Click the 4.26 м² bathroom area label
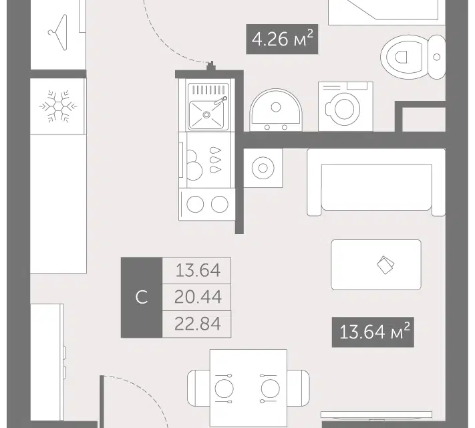click(282, 39)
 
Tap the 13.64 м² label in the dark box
click(373, 332)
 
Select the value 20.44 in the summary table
click(198, 297)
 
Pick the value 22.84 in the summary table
click(198, 324)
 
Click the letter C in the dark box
click(142, 297)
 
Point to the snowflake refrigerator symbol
click(58, 106)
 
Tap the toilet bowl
click(402, 57)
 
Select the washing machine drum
click(345, 108)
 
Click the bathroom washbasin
click(276, 110)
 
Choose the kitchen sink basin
click(206, 114)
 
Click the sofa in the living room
click(376, 183)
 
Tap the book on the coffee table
click(385, 265)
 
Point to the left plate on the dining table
click(224, 389)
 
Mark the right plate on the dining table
click(270, 389)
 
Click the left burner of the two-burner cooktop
click(195, 204)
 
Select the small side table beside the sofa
click(263, 168)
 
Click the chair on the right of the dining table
click(299, 388)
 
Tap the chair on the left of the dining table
click(198, 388)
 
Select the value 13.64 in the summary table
click(198, 270)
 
